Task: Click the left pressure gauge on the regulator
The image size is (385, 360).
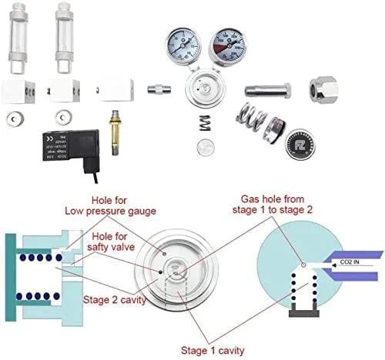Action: point(182,45)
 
